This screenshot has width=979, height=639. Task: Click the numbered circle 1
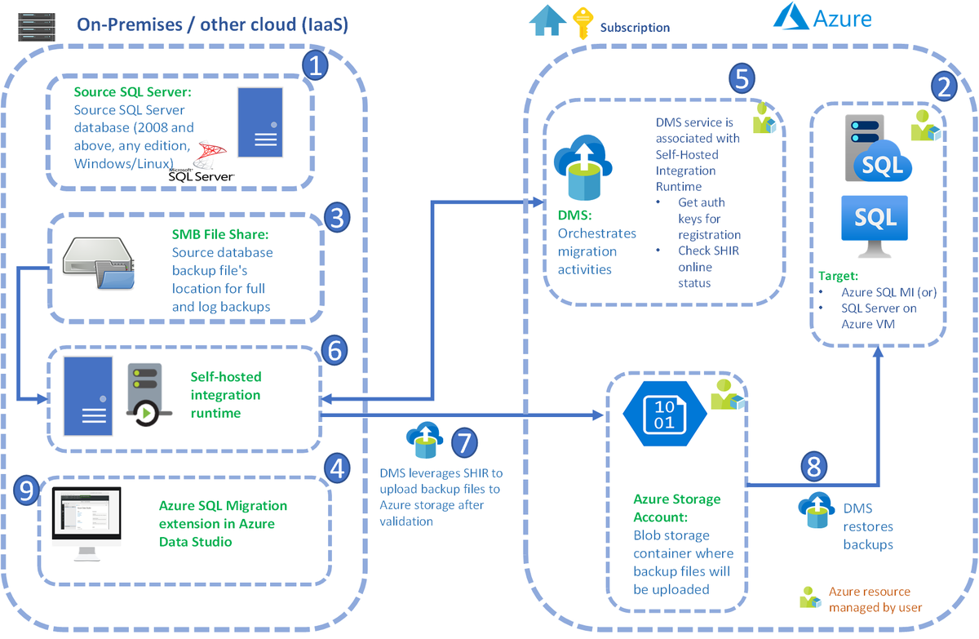[x=314, y=64]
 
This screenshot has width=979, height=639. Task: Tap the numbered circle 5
[x=742, y=78]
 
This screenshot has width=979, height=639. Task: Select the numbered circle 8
[x=813, y=466]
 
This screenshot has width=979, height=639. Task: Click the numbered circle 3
[x=337, y=217]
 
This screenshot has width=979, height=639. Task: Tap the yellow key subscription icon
[x=583, y=23]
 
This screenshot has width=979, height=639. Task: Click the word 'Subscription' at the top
[x=635, y=28]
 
